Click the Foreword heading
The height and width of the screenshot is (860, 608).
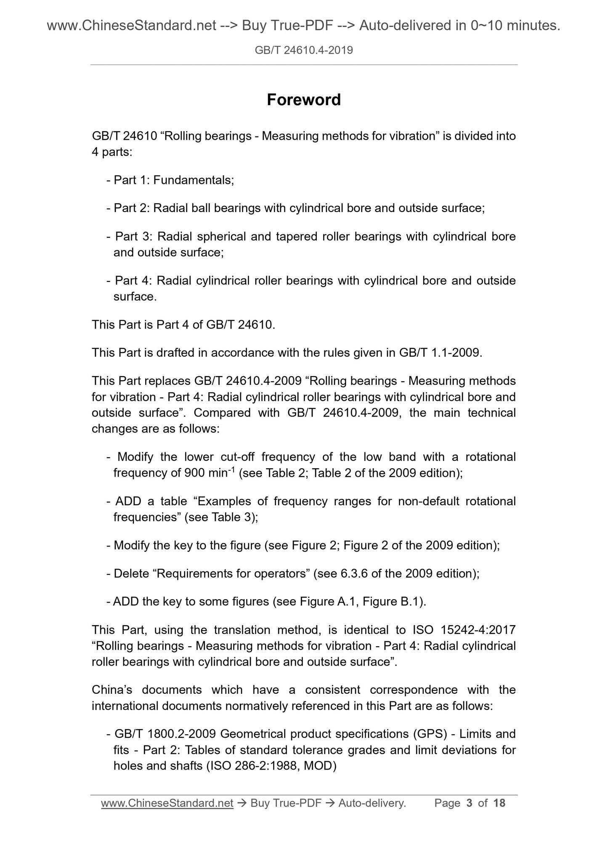(304, 100)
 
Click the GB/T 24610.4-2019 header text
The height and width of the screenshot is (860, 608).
(304, 51)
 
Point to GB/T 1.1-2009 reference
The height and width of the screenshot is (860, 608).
(439, 353)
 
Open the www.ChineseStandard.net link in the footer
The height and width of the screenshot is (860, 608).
(167, 803)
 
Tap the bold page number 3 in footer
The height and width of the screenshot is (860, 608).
(469, 803)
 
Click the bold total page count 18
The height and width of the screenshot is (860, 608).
(499, 803)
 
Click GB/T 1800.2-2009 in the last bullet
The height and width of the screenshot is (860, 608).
(165, 734)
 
